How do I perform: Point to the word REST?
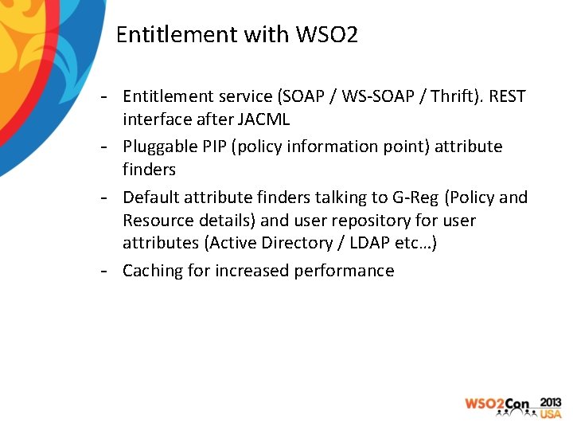[x=507, y=96]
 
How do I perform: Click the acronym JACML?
[x=264, y=119]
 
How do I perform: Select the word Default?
[x=151, y=197]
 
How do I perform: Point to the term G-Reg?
[x=413, y=197]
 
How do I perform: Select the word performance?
[x=344, y=271]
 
